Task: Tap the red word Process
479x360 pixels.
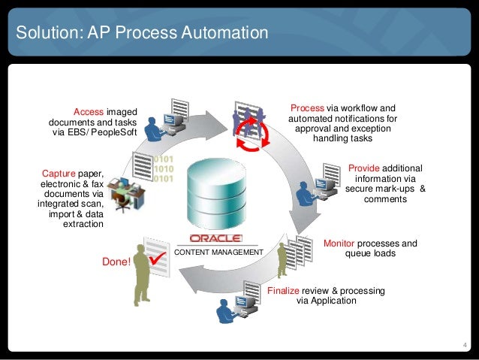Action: click(306, 108)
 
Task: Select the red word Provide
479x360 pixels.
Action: click(366, 168)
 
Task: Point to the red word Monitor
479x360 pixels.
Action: click(339, 244)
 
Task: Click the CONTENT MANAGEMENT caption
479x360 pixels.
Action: click(218, 253)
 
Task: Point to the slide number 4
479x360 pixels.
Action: click(465, 345)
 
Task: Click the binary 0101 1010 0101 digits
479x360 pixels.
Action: click(164, 169)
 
